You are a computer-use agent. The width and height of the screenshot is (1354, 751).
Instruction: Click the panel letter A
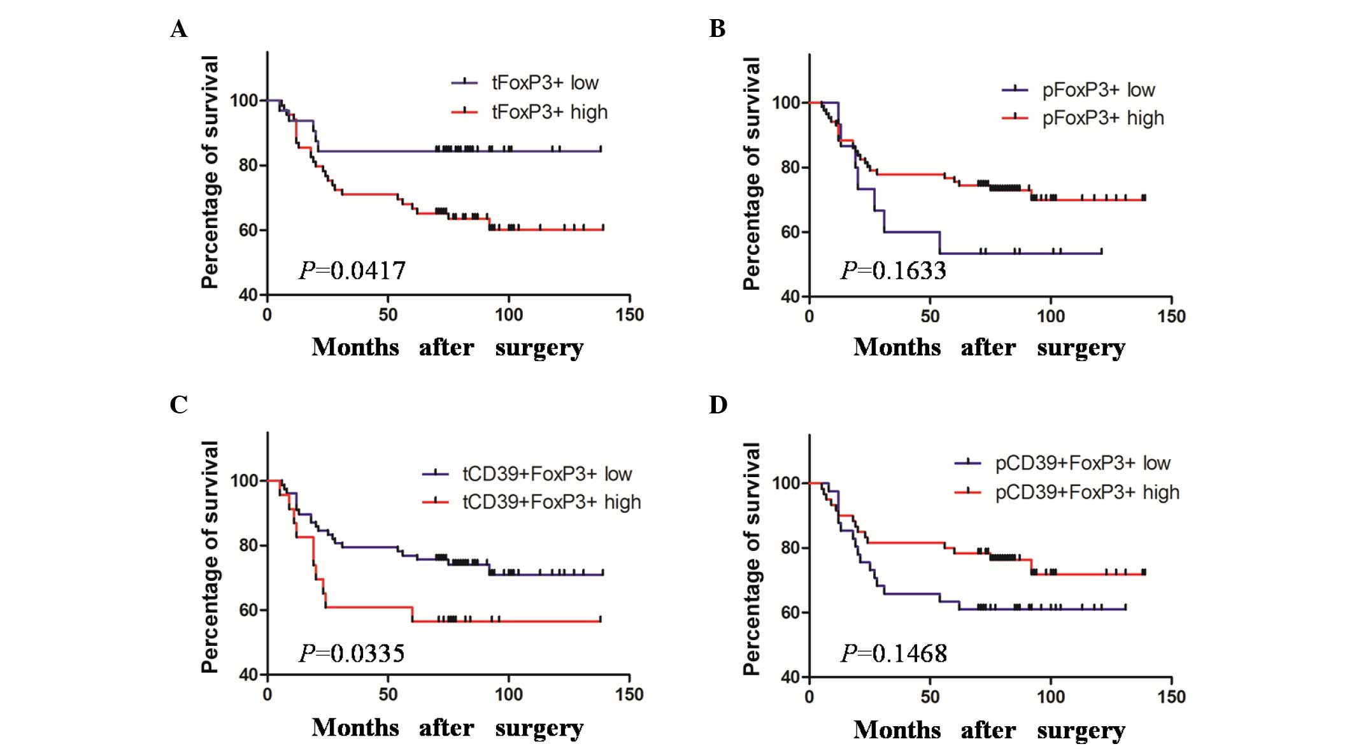click(x=179, y=29)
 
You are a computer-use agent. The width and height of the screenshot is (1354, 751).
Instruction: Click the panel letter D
click(x=718, y=405)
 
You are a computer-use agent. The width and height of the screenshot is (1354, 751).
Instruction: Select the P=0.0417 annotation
click(x=352, y=271)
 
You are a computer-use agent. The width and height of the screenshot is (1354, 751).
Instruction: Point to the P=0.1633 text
click(x=894, y=271)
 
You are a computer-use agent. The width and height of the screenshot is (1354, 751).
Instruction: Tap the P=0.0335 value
click(x=352, y=654)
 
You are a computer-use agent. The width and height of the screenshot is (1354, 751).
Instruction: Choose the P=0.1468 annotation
click(x=894, y=654)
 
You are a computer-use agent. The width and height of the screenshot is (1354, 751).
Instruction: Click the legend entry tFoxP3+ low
click(x=545, y=83)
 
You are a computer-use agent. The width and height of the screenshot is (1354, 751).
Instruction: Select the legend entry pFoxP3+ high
click(x=1102, y=118)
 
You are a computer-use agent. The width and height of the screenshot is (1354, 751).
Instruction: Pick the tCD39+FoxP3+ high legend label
click(x=552, y=503)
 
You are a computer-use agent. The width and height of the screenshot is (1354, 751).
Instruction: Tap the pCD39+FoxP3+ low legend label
click(x=1082, y=463)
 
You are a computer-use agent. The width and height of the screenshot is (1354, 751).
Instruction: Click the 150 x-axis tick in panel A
click(x=629, y=315)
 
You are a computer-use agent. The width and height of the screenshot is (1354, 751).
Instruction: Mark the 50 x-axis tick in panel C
click(x=388, y=695)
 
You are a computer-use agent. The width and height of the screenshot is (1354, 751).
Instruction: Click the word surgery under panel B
click(x=1081, y=348)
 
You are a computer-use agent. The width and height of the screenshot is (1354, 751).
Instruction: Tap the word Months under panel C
click(x=355, y=727)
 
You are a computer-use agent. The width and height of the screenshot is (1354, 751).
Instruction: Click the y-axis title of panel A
click(x=210, y=172)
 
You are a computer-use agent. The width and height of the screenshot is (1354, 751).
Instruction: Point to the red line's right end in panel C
click(x=600, y=620)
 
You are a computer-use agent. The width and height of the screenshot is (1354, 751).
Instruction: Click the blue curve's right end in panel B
click(x=1101, y=253)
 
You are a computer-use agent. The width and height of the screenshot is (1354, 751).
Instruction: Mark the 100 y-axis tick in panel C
click(x=244, y=481)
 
